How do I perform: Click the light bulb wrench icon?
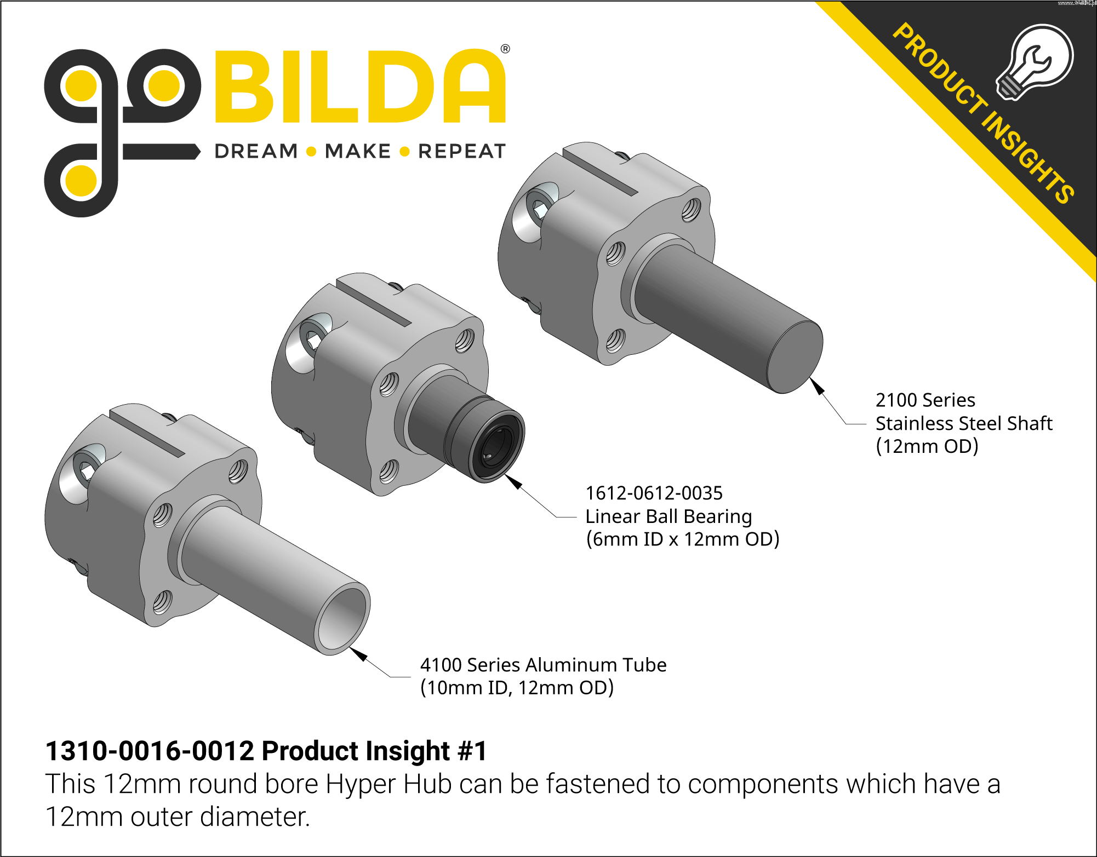[1034, 62]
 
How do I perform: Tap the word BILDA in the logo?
[361, 86]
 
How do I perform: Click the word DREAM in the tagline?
[256, 151]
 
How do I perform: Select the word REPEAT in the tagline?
[462, 151]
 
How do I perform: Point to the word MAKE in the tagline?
[358, 151]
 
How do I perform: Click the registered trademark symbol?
[505, 49]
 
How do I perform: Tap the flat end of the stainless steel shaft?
[795, 357]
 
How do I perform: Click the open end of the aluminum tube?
[343, 619]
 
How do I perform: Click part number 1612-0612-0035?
[654, 493]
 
